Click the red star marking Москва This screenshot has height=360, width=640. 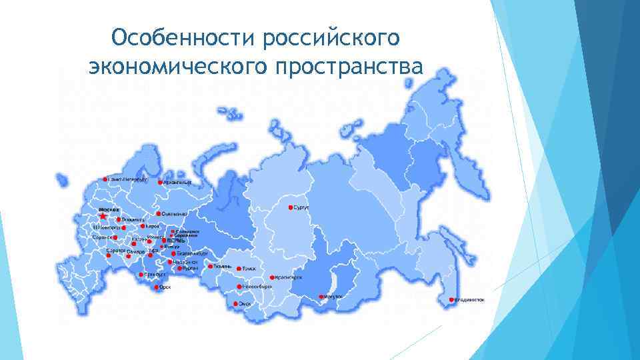pos(103,216)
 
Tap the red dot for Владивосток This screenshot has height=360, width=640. pos(452,299)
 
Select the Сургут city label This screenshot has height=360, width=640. pos(301,207)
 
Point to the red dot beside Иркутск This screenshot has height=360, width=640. pos(321,297)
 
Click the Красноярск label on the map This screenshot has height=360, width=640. pos(288,277)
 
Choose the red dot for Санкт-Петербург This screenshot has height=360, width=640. pos(105,179)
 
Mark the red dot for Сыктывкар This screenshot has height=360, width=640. pos(157,214)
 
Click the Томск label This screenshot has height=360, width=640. pos(248,268)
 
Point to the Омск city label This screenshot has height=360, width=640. pos(245,304)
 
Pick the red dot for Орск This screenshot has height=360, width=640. pos(157,288)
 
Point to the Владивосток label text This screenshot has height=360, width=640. pos(471,300)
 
